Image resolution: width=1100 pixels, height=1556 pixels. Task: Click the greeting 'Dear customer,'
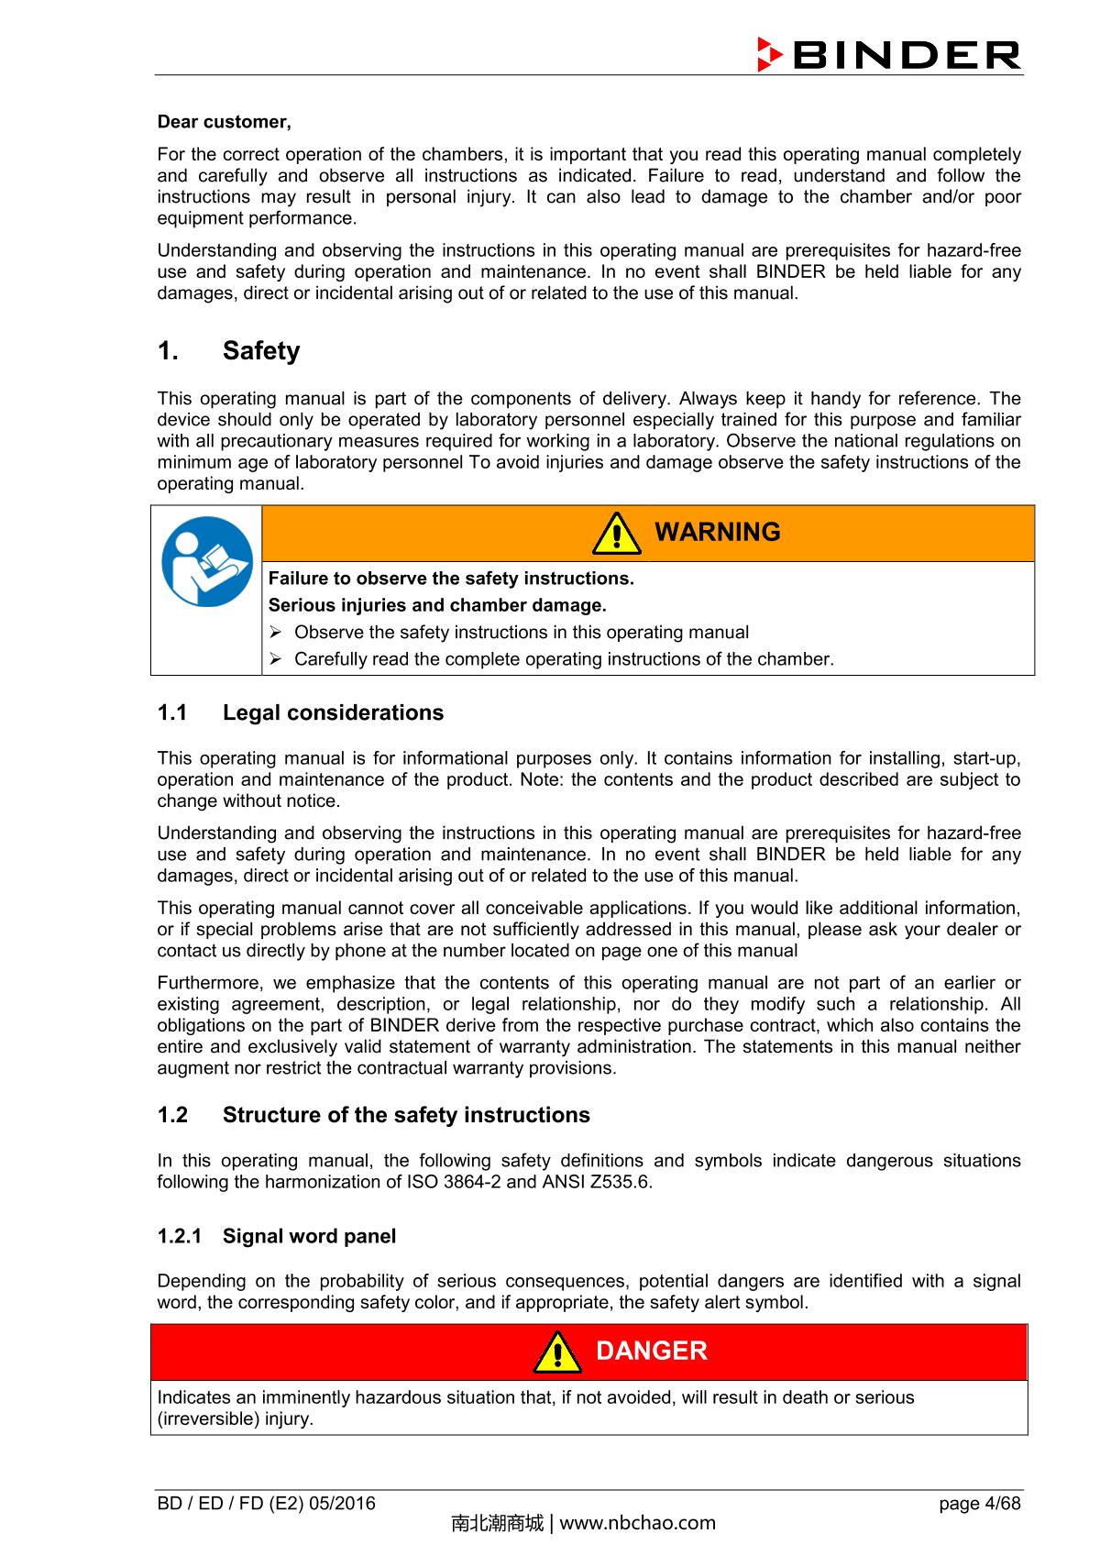pos(224,122)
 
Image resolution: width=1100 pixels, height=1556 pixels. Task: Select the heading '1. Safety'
pos(228,351)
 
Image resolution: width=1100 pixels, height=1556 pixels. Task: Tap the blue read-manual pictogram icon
pos(206,561)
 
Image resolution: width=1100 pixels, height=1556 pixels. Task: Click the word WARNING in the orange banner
pos(718,533)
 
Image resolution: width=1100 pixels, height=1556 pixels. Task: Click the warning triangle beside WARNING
pos(616,535)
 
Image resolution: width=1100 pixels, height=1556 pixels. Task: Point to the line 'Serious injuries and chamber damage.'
pos(437,605)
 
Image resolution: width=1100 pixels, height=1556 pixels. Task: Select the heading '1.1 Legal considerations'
pos(300,712)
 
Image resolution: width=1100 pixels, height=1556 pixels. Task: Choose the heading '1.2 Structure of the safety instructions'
pos(373,1115)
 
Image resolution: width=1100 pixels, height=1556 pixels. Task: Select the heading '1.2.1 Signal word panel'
pos(277,1236)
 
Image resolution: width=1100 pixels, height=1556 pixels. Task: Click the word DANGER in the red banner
pos(651,1352)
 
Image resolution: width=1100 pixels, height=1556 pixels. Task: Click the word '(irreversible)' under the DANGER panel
pos(208,1419)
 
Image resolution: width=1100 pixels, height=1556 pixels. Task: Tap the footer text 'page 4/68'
pos(980,1504)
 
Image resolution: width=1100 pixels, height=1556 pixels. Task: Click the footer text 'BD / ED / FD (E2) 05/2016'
pos(266,1504)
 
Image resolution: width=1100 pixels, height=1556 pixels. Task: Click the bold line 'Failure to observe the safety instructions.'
pos(450,579)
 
